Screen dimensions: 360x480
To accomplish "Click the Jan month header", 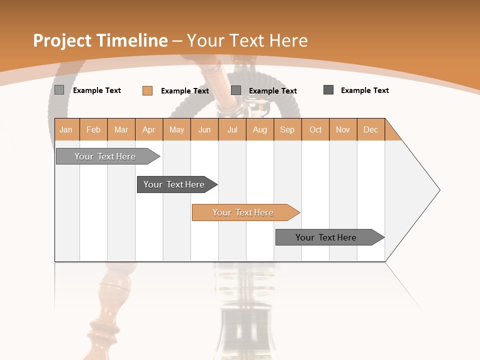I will (66, 129).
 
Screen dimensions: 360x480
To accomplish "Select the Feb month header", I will (93, 129).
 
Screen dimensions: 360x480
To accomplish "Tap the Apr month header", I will (149, 129).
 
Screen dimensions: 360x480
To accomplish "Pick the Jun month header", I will (204, 129).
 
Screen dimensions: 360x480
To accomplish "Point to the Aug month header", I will (260, 129).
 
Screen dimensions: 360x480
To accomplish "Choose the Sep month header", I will (287, 129).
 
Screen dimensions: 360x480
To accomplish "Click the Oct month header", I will (315, 129).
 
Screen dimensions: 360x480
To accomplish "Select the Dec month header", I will (371, 129).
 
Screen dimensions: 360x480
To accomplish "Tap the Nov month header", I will (343, 129).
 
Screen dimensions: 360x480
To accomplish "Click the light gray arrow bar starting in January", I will (105, 156).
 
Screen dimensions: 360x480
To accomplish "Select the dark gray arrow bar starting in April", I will (174, 184).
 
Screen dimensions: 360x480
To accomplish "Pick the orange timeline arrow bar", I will (243, 212).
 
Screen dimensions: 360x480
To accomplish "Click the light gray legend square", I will (59, 90).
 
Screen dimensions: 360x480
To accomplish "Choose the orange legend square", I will (147, 90).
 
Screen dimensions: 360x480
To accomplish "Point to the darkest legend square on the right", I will (328, 90).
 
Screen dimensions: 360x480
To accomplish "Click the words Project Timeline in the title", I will (100, 40).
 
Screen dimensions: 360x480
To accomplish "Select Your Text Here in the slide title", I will (247, 40).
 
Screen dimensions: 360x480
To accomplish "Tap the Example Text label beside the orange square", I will (185, 91).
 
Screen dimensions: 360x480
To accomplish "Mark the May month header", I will (176, 129).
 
